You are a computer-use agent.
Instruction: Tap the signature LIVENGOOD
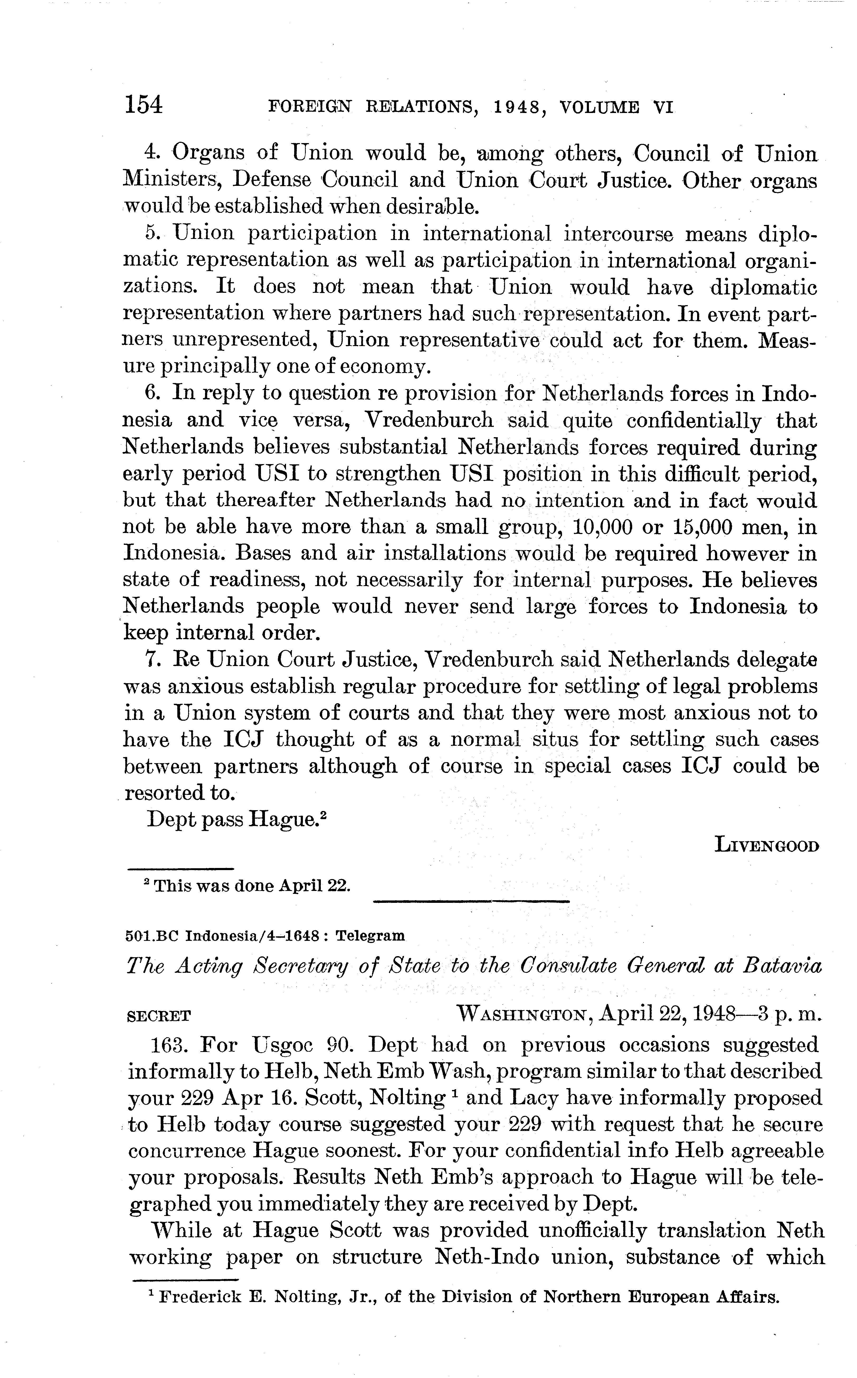coord(767,846)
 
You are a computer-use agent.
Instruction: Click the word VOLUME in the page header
coord(599,107)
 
